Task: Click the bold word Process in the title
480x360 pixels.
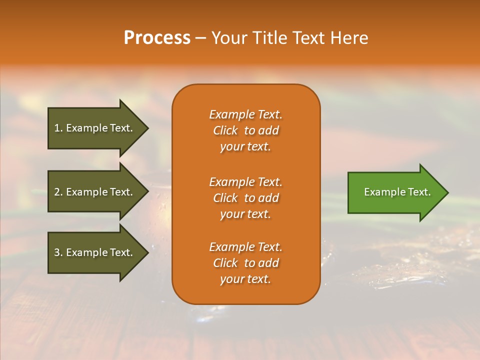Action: click(x=157, y=38)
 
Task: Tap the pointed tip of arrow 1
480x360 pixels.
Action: click(x=147, y=128)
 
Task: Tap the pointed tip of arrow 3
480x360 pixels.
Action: click(x=147, y=252)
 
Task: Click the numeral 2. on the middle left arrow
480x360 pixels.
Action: click(x=58, y=192)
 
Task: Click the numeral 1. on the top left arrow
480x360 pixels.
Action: click(x=58, y=128)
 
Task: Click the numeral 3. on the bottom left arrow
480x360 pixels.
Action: click(x=58, y=252)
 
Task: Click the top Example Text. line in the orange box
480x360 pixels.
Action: click(x=245, y=114)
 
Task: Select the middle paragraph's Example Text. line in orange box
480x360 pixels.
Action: click(x=245, y=181)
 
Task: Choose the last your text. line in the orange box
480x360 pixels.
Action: click(x=245, y=279)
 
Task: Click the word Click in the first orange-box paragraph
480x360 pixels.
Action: click(x=225, y=130)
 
